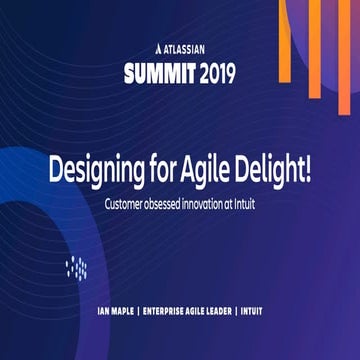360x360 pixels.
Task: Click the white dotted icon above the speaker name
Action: [x=76, y=267]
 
